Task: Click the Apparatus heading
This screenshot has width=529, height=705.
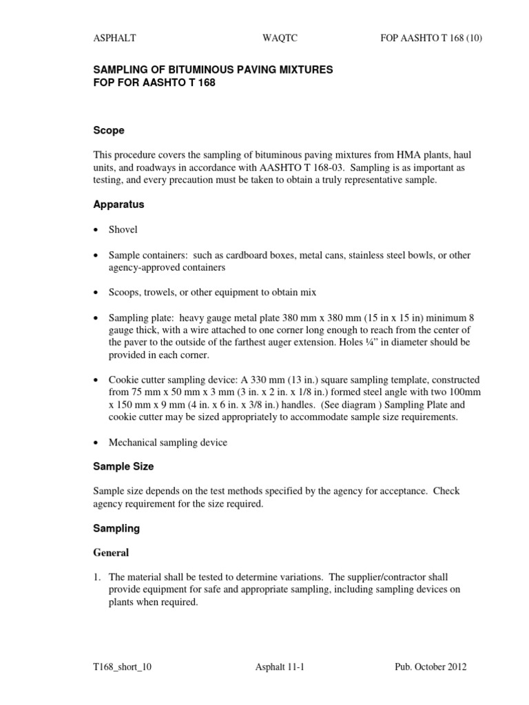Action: pyautogui.click(x=118, y=204)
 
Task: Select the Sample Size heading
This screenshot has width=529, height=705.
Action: pyautogui.click(x=123, y=466)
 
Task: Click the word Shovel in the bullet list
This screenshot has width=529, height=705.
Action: pyautogui.click(x=124, y=230)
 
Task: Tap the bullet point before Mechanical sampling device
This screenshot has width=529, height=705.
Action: pyautogui.click(x=96, y=443)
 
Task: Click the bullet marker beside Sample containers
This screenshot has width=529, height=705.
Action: pyautogui.click(x=96, y=255)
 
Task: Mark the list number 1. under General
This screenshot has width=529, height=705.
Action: pyautogui.click(x=97, y=577)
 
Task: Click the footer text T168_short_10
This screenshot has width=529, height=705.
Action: pyautogui.click(x=123, y=667)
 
